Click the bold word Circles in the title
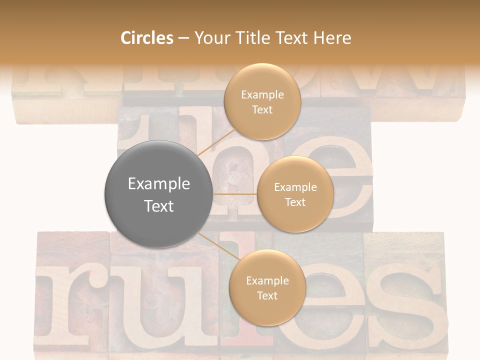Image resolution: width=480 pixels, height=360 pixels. point(147,38)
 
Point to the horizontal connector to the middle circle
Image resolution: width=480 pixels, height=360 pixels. point(234,194)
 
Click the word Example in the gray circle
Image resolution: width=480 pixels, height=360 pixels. point(159,184)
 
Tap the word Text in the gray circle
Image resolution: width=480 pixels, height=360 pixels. point(159,206)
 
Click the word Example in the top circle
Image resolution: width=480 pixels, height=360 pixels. point(262,95)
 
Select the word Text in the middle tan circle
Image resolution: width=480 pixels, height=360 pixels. point(295,202)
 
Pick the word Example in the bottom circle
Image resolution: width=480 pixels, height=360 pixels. point(267,281)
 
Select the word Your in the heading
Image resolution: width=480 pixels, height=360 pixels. point(210,38)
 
